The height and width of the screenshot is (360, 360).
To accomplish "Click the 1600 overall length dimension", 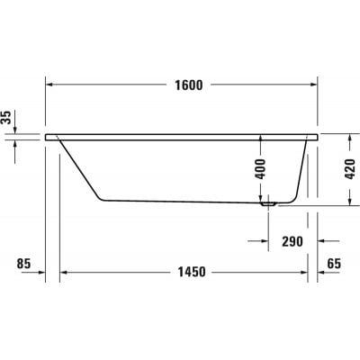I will tap(185, 85).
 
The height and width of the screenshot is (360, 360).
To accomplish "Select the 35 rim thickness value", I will tap(8, 117).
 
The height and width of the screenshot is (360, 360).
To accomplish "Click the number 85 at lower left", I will tap(24, 264).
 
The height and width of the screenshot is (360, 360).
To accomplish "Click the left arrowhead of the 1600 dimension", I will tap(49, 85).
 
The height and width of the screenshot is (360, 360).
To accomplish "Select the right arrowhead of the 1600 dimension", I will tap(313, 85).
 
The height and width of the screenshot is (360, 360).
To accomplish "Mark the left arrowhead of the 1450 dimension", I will tap(64, 272).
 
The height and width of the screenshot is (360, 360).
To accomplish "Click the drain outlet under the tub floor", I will tap(267, 203).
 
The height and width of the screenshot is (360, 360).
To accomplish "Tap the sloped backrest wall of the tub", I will tap(79, 168).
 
